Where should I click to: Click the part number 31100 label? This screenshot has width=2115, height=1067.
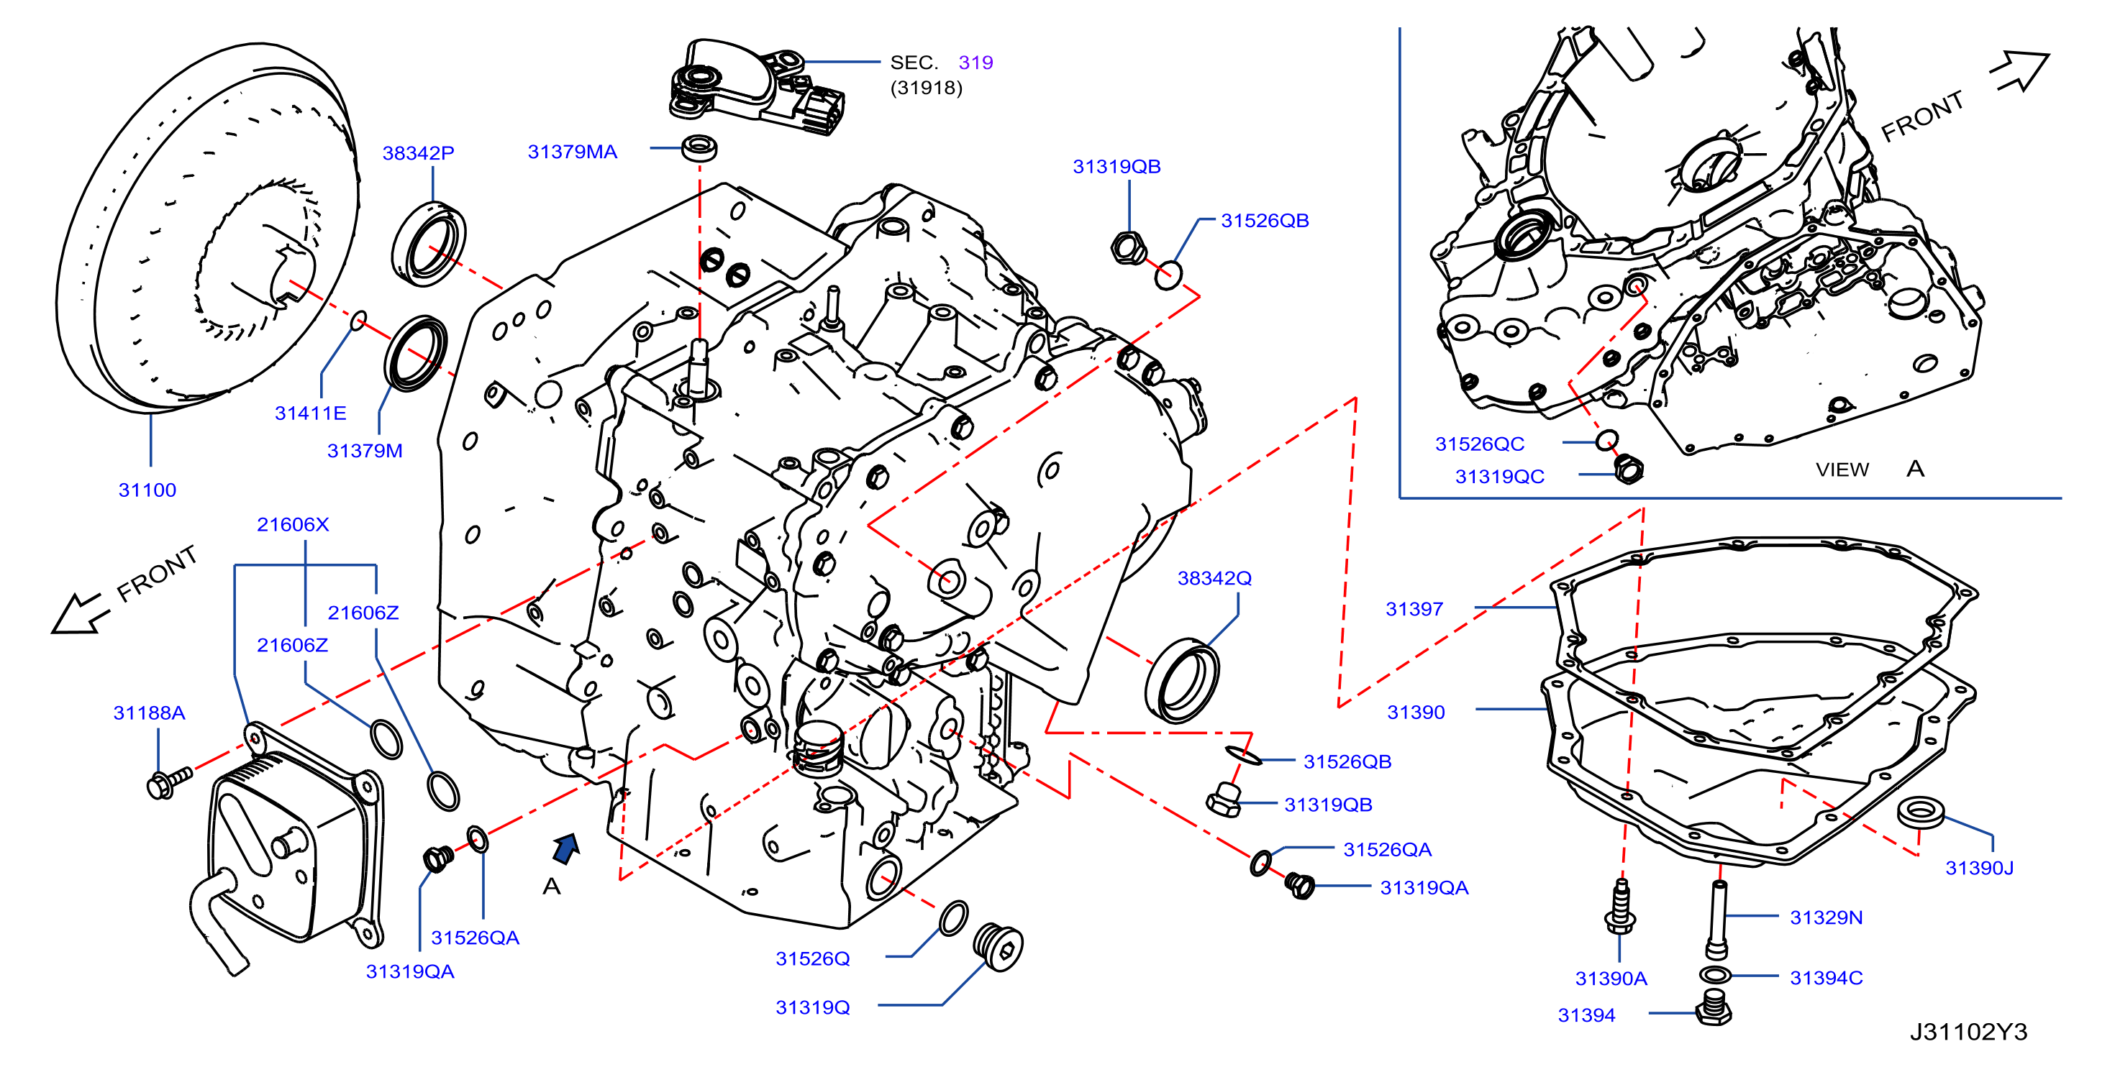147,490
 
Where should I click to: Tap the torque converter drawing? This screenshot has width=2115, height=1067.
208,227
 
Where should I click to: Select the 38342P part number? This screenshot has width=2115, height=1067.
418,152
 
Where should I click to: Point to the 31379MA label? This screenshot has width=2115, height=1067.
572,151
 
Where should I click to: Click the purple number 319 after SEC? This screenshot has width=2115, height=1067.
975,63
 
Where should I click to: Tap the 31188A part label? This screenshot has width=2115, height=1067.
149,713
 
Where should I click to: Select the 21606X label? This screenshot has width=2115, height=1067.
292,524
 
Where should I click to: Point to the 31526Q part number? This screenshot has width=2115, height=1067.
813,958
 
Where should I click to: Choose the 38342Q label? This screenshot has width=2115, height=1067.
1214,578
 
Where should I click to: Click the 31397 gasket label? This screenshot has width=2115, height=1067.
1414,609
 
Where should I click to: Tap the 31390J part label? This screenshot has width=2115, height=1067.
1980,868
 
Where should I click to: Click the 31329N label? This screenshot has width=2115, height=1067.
1826,917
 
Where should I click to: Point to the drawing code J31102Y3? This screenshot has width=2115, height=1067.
1968,1032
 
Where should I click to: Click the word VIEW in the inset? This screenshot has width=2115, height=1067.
1842,470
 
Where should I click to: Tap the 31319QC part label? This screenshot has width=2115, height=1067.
1499,477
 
